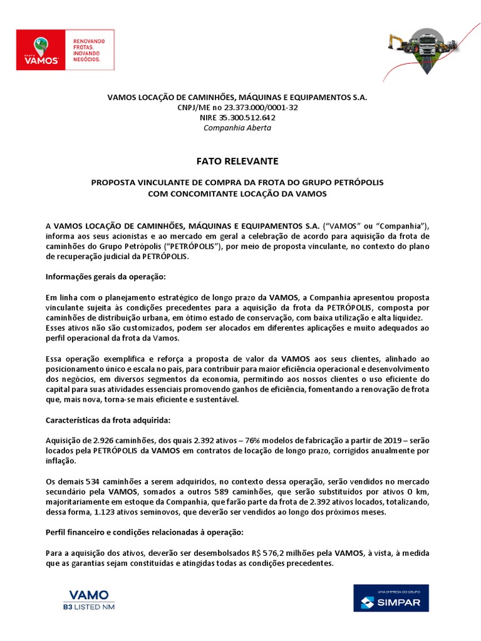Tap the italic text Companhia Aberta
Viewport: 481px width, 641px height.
click(237, 128)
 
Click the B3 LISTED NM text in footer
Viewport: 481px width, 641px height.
click(88, 607)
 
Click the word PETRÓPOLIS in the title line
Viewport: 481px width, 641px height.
click(352, 182)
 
